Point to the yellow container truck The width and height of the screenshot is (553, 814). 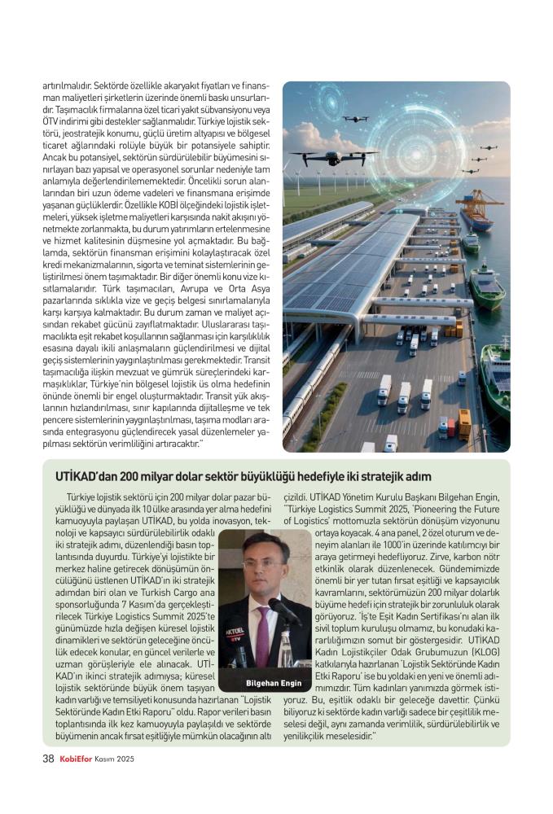coord(464,423)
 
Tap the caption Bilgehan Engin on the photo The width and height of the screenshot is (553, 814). coord(273,681)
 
